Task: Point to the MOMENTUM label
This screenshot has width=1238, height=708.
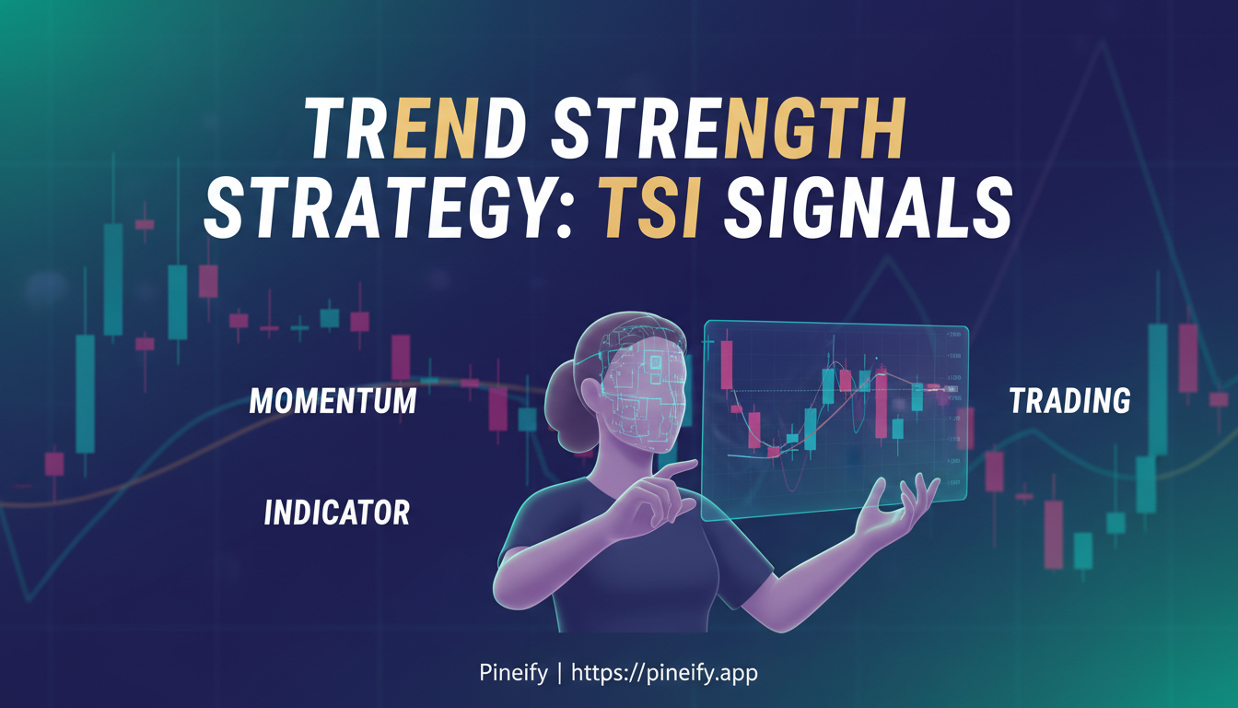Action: coord(333,401)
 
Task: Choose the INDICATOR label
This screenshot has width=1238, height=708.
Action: coord(336,513)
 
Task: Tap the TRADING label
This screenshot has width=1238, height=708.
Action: coord(1069,401)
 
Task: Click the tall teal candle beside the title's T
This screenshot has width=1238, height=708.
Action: coord(113,277)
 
